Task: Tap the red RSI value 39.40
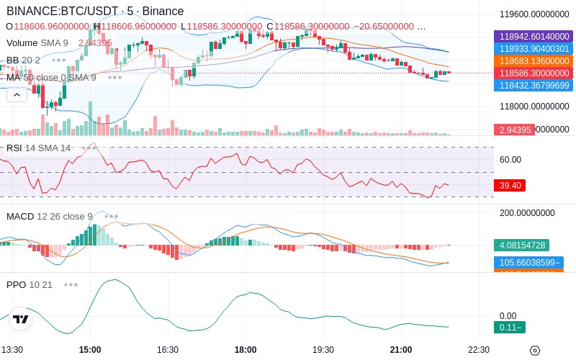(x=510, y=185)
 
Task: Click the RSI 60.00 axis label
(x=510, y=159)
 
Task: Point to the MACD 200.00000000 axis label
(x=528, y=213)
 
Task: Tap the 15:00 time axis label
(x=90, y=349)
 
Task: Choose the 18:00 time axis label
(x=246, y=349)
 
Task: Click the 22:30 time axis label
(x=478, y=349)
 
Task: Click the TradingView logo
(x=21, y=319)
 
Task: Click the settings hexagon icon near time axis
(x=534, y=350)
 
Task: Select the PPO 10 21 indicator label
(x=30, y=284)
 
